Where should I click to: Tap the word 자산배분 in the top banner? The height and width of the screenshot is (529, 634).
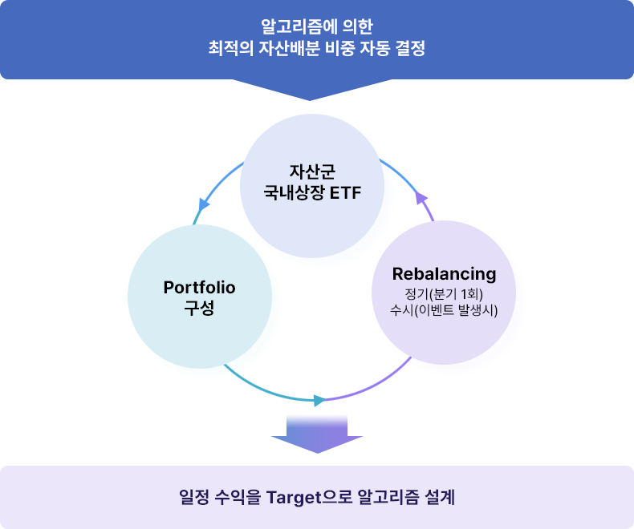290,49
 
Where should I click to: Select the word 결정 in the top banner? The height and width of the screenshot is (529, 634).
407,49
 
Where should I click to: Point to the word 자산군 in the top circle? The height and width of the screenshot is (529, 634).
312,172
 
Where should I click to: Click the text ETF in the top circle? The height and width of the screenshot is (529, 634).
343,192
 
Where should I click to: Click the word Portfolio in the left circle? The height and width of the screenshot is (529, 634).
200,288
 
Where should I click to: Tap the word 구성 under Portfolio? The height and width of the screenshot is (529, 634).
200,309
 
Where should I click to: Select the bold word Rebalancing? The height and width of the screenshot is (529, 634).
444,274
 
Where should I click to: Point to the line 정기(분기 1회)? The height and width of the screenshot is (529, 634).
444,294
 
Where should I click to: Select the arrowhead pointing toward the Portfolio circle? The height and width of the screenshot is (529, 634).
203,205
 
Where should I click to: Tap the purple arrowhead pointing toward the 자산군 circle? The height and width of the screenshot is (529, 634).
419,198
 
